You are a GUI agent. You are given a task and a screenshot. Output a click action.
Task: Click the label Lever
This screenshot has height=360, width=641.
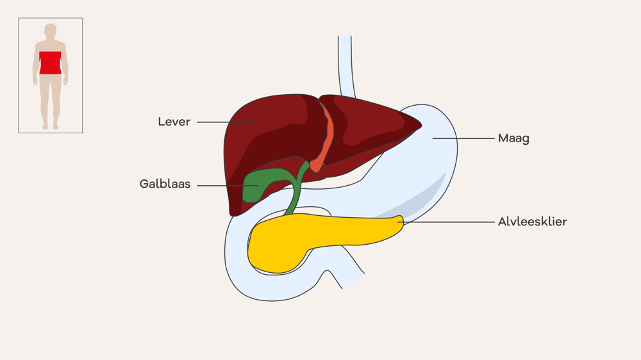pos(174,122)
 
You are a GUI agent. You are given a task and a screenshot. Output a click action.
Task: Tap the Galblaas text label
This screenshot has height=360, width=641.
pos(165,184)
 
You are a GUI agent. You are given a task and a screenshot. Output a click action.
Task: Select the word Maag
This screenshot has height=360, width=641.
pos(513,138)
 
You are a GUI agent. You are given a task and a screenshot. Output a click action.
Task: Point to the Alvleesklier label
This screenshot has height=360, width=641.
pos(532,222)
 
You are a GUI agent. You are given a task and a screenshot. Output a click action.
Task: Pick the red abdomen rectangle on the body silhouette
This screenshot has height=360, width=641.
pos(50,63)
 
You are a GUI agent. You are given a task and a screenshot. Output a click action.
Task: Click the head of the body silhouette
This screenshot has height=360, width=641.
pos(50,30)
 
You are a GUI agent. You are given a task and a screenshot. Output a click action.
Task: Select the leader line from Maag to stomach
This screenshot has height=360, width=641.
pos(463,138)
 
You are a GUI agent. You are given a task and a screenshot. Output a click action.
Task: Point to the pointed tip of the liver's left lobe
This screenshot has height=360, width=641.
pos(420,126)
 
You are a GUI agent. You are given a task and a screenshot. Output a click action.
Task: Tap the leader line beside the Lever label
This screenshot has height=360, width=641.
pos(228,122)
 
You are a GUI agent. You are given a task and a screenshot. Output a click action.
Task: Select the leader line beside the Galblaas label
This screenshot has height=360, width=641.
pos(228,186)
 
